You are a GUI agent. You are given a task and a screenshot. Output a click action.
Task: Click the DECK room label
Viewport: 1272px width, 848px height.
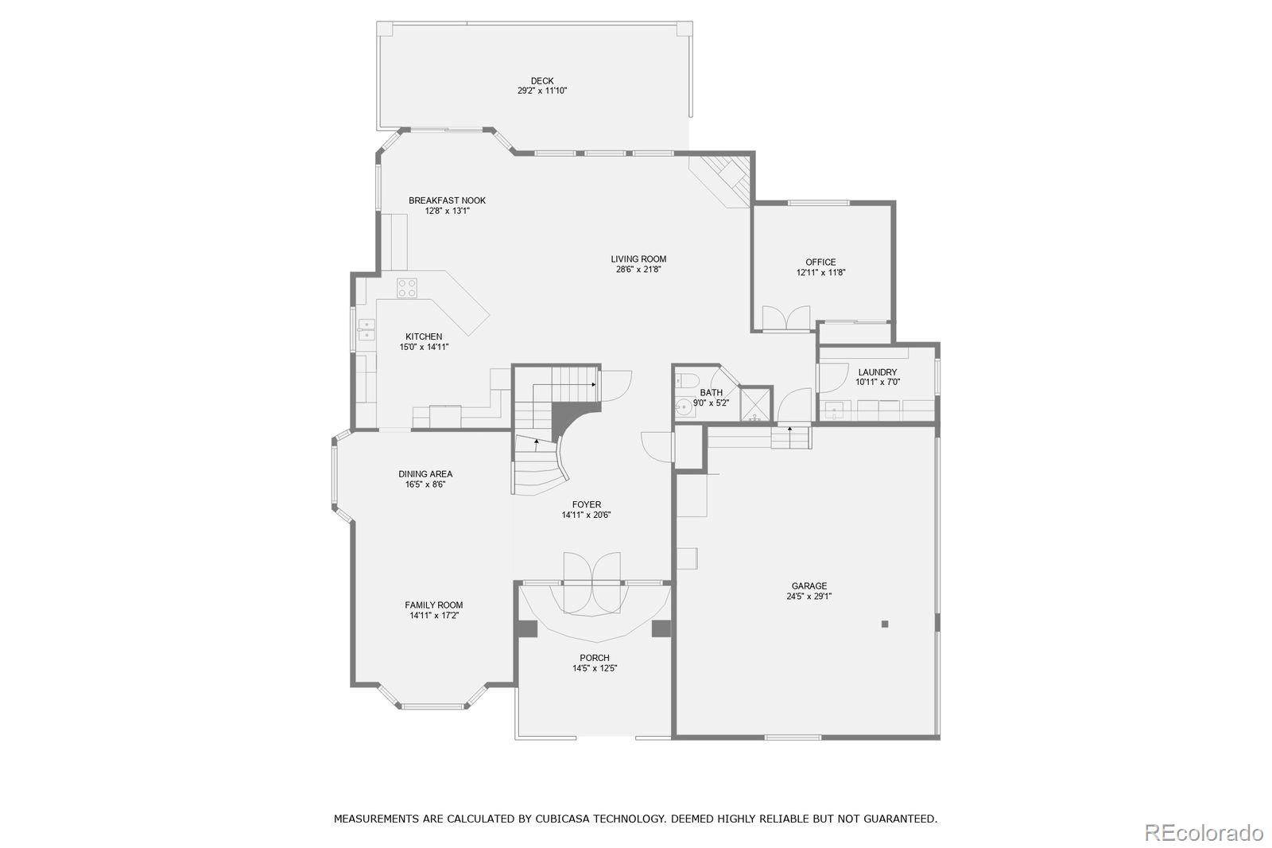pyautogui.click(x=542, y=80)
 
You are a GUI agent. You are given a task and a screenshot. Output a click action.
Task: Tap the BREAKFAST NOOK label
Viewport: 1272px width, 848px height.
pyautogui.click(x=447, y=200)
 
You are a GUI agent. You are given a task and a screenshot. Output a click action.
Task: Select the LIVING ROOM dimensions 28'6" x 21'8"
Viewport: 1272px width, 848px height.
pyautogui.click(x=638, y=270)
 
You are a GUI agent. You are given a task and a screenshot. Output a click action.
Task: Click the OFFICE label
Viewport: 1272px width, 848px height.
pyautogui.click(x=820, y=262)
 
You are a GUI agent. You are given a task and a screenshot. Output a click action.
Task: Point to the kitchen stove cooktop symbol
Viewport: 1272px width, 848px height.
pyautogui.click(x=407, y=287)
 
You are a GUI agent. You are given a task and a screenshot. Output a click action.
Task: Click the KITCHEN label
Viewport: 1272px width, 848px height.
pyautogui.click(x=424, y=336)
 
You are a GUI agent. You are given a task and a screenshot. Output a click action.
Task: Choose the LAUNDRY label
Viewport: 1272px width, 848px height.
pyautogui.click(x=878, y=372)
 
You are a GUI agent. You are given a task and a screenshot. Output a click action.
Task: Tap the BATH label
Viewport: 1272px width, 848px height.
pyautogui.click(x=712, y=392)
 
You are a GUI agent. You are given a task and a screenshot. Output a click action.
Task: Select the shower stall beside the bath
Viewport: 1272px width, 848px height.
pyautogui.click(x=755, y=404)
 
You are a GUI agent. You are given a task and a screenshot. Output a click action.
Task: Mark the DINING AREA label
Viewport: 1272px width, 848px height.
pyautogui.click(x=425, y=474)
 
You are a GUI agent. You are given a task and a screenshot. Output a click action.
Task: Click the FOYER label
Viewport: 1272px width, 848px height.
pyautogui.click(x=587, y=504)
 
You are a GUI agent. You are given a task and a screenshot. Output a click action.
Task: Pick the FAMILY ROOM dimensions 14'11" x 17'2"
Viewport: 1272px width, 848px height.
pyautogui.click(x=434, y=615)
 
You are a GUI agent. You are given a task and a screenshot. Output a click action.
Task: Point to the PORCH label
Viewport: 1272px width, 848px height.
pyautogui.click(x=595, y=658)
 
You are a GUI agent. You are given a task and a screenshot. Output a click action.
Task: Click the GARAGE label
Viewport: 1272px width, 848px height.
pyautogui.click(x=809, y=585)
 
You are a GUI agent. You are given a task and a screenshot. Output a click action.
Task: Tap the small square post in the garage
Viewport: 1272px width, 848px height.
pyautogui.click(x=884, y=624)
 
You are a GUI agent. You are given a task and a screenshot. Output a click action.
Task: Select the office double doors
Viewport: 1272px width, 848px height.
pyautogui.click(x=786, y=318)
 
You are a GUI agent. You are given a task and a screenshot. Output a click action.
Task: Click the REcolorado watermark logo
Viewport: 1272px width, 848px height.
pyautogui.click(x=1203, y=832)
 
